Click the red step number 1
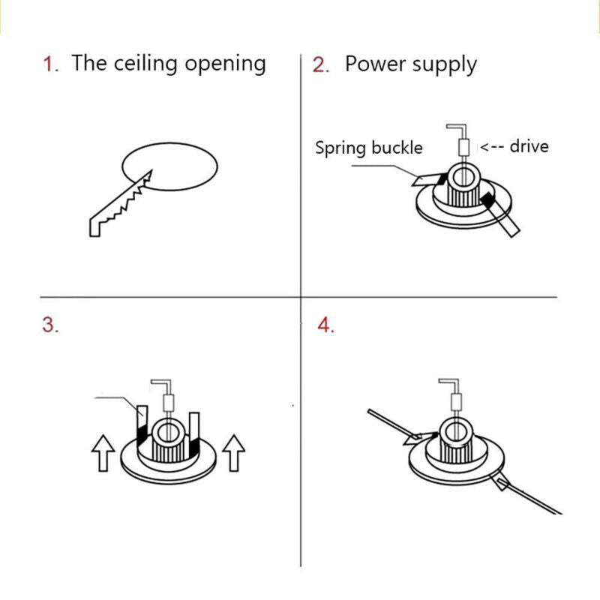[51, 64]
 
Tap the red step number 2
[321, 64]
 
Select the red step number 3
[50, 325]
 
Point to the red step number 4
[325, 325]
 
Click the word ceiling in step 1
[145, 64]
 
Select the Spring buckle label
[369, 148]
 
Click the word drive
[529, 146]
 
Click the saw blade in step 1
[121, 203]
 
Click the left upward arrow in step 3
[103, 453]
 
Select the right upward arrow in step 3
[234, 453]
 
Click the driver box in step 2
[463, 147]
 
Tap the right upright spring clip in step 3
[194, 436]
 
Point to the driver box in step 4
[456, 403]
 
